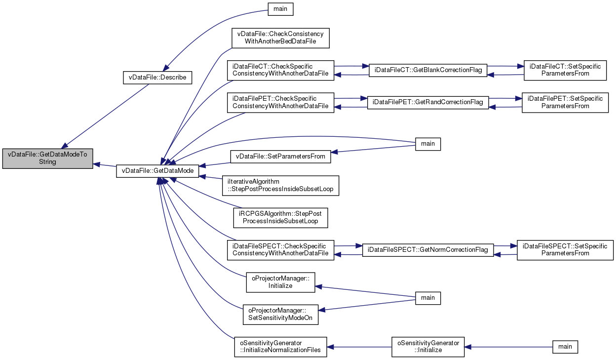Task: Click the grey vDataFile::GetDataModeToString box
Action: tap(47, 159)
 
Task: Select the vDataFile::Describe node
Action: tap(157, 78)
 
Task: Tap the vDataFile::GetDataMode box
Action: tap(157, 171)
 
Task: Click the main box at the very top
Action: tap(280, 9)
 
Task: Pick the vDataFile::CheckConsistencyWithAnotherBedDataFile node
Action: tap(280, 38)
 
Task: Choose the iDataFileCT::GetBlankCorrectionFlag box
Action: tap(428, 71)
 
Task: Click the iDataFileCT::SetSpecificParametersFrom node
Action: tap(565, 71)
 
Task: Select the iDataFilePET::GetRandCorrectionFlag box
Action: tap(428, 102)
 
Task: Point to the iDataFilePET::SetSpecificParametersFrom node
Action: tap(565, 102)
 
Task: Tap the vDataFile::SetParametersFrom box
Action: tap(280, 157)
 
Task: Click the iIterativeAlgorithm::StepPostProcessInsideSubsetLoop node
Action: tap(280, 186)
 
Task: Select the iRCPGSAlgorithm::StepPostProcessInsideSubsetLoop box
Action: tap(280, 218)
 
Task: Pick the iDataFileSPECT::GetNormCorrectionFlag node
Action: tap(428, 250)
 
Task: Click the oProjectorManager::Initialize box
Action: tap(280, 282)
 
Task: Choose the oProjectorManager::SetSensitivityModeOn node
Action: tap(280, 315)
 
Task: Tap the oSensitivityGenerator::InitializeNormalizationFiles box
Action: tap(280, 347)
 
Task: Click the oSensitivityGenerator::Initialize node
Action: tap(428, 347)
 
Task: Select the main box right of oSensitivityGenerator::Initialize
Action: tap(565, 347)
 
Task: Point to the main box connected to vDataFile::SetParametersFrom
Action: tap(428, 144)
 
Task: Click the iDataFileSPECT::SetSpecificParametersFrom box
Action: tap(565, 250)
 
